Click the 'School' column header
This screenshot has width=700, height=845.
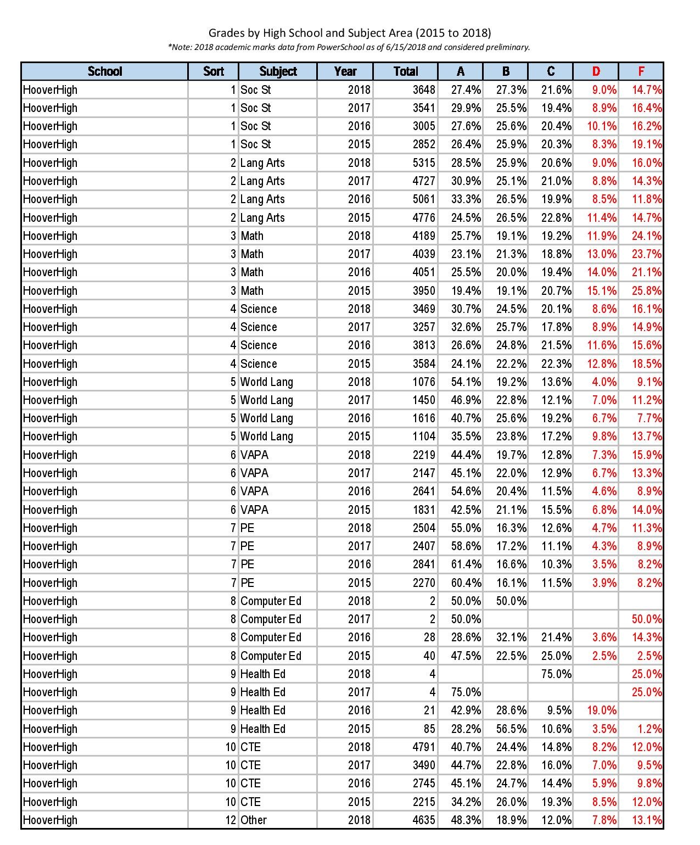(104, 71)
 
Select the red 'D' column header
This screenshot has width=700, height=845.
(596, 71)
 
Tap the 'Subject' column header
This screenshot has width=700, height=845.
(278, 71)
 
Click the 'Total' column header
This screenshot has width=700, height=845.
(406, 71)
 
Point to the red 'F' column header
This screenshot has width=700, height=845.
(641, 71)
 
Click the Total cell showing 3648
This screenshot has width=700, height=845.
(424, 90)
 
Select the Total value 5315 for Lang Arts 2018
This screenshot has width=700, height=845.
(424, 163)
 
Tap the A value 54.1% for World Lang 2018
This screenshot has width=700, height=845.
(466, 382)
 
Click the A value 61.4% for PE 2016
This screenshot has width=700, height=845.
(466, 564)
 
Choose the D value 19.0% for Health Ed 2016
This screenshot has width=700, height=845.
(602, 710)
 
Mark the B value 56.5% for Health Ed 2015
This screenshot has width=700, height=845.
(511, 729)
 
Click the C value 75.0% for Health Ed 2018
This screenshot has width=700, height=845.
(556, 674)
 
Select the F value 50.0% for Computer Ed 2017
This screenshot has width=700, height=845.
(647, 619)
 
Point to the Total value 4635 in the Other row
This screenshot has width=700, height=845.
(424, 820)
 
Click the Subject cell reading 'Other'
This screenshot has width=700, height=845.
(254, 820)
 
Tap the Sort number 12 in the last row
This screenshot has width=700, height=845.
(230, 820)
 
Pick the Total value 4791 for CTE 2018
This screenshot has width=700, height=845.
(424, 747)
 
